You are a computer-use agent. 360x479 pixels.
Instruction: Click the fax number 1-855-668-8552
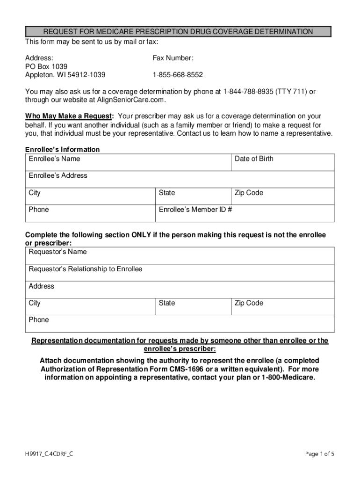(178, 75)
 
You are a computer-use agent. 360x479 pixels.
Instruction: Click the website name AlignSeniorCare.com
(131, 100)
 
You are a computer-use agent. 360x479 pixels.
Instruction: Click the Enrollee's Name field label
(54, 159)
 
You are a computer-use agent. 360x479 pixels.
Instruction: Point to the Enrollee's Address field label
(58, 175)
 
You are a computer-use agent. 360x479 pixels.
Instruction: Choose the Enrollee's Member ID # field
(246, 213)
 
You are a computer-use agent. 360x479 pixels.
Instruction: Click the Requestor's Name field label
(58, 252)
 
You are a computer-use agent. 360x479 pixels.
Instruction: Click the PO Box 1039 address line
(46, 66)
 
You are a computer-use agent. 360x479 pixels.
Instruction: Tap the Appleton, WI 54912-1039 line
(65, 75)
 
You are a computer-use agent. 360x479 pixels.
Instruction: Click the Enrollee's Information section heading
(62, 150)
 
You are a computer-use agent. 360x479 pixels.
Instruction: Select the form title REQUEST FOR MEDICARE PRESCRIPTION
(178, 32)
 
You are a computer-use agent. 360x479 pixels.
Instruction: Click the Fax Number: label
(173, 58)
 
